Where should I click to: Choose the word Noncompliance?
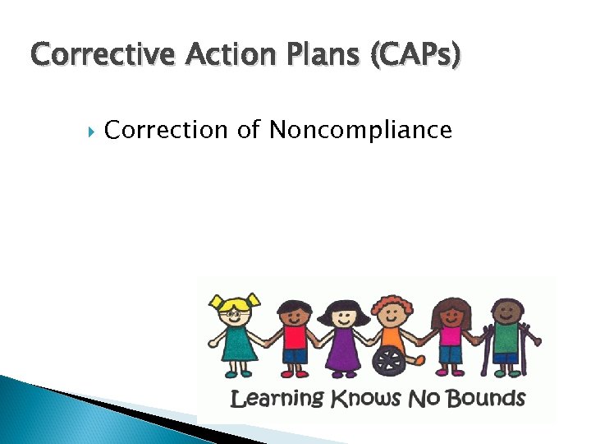coord(360,130)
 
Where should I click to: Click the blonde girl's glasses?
coord(234,313)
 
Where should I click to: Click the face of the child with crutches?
coord(506,313)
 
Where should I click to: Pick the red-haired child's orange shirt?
coord(392,335)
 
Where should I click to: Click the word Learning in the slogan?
coord(277,400)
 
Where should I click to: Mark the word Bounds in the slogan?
coord(483,400)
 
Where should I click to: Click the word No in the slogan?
coord(421,400)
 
